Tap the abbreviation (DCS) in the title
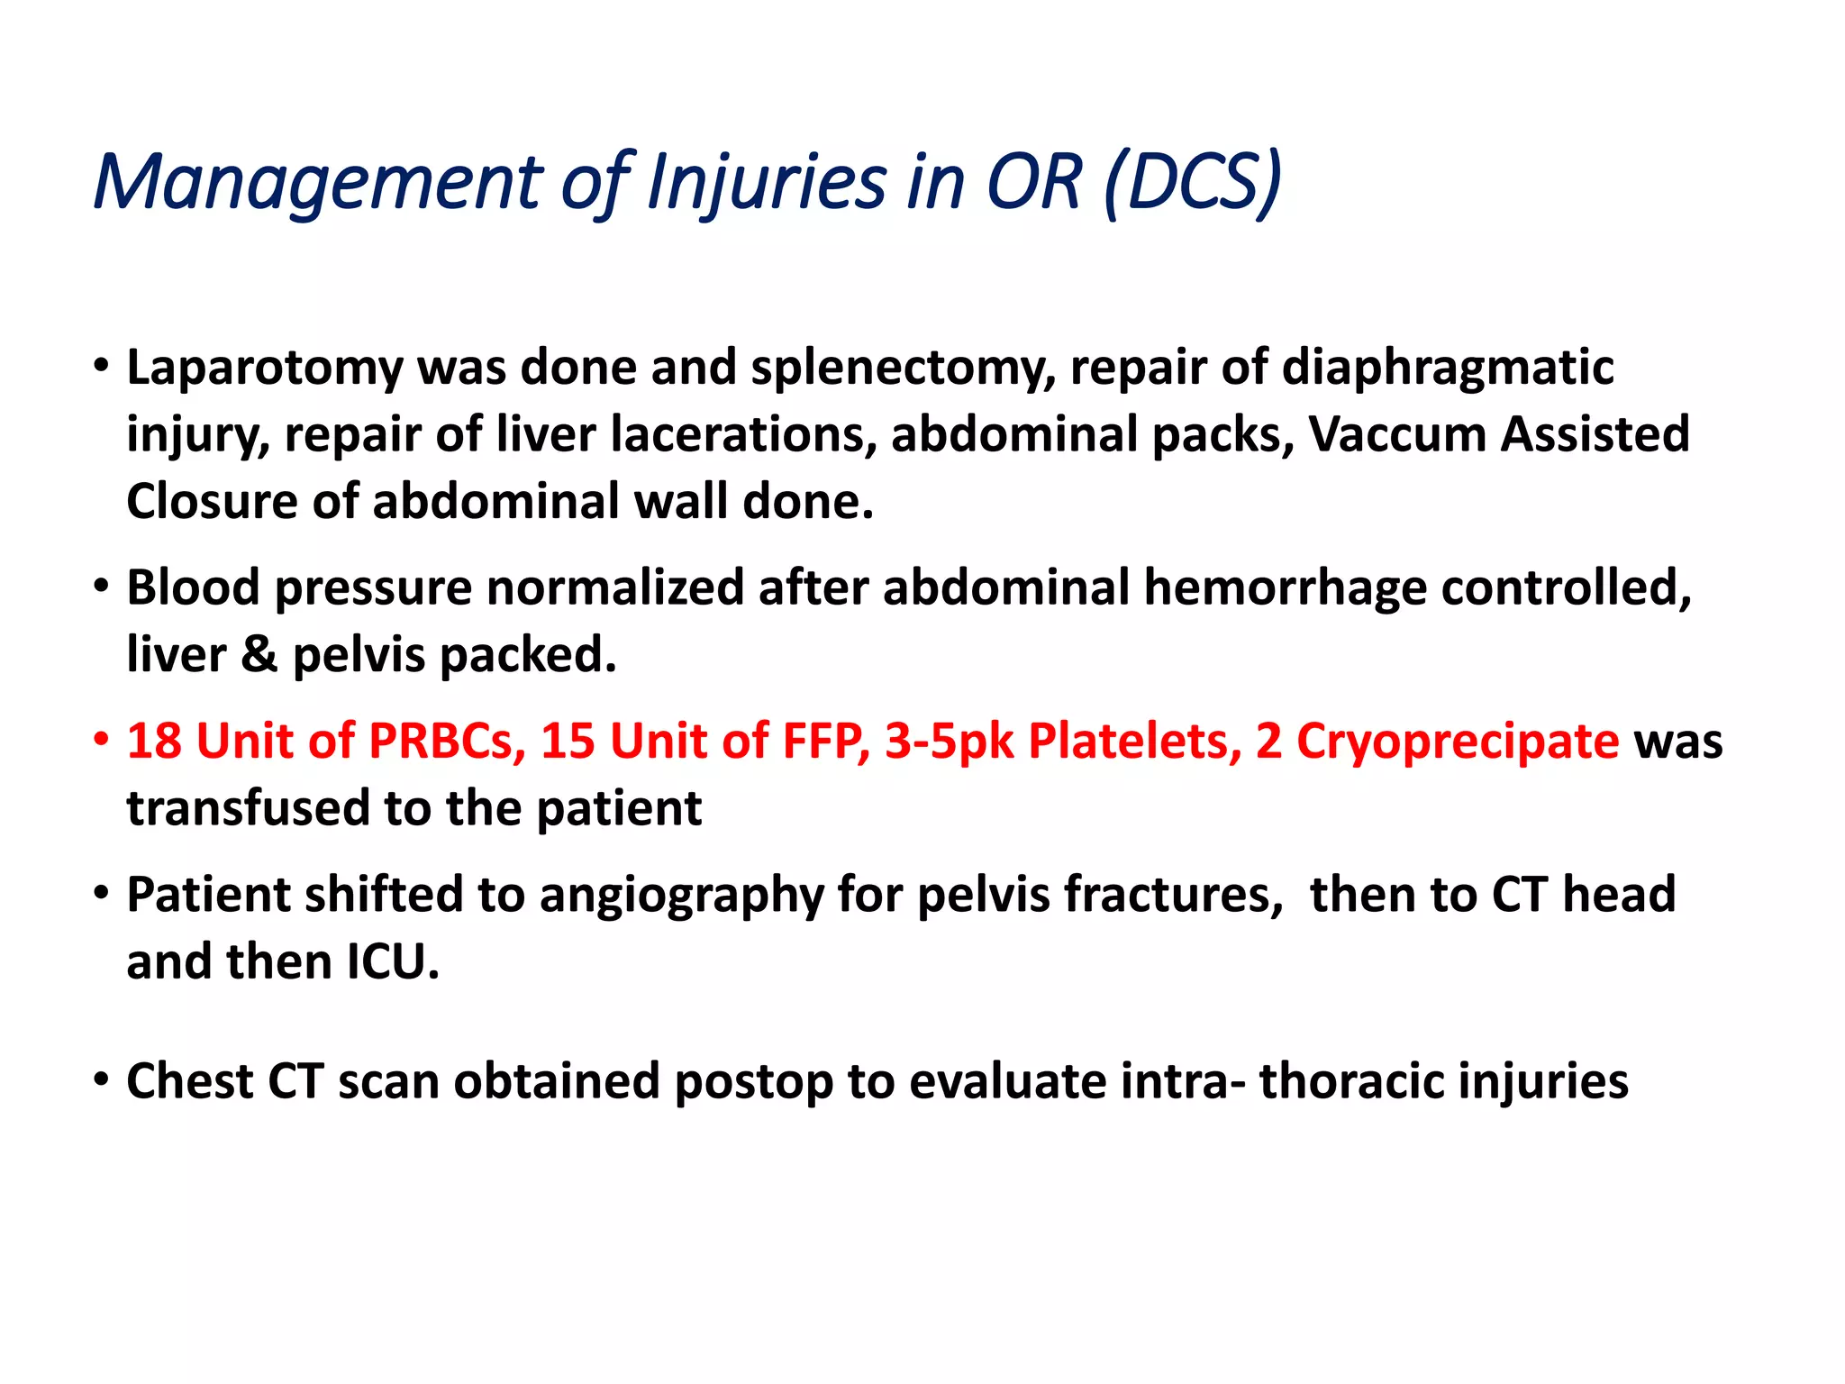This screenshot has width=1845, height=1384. click(1192, 183)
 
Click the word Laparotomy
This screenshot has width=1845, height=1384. click(265, 369)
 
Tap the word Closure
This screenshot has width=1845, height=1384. click(212, 502)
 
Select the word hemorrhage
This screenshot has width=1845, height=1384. click(1285, 588)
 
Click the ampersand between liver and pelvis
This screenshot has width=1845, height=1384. click(259, 655)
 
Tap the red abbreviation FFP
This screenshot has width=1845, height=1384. click(825, 742)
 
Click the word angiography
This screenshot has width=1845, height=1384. click(681, 896)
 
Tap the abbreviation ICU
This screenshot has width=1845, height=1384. click(393, 962)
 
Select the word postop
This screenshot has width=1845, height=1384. click(753, 1082)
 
